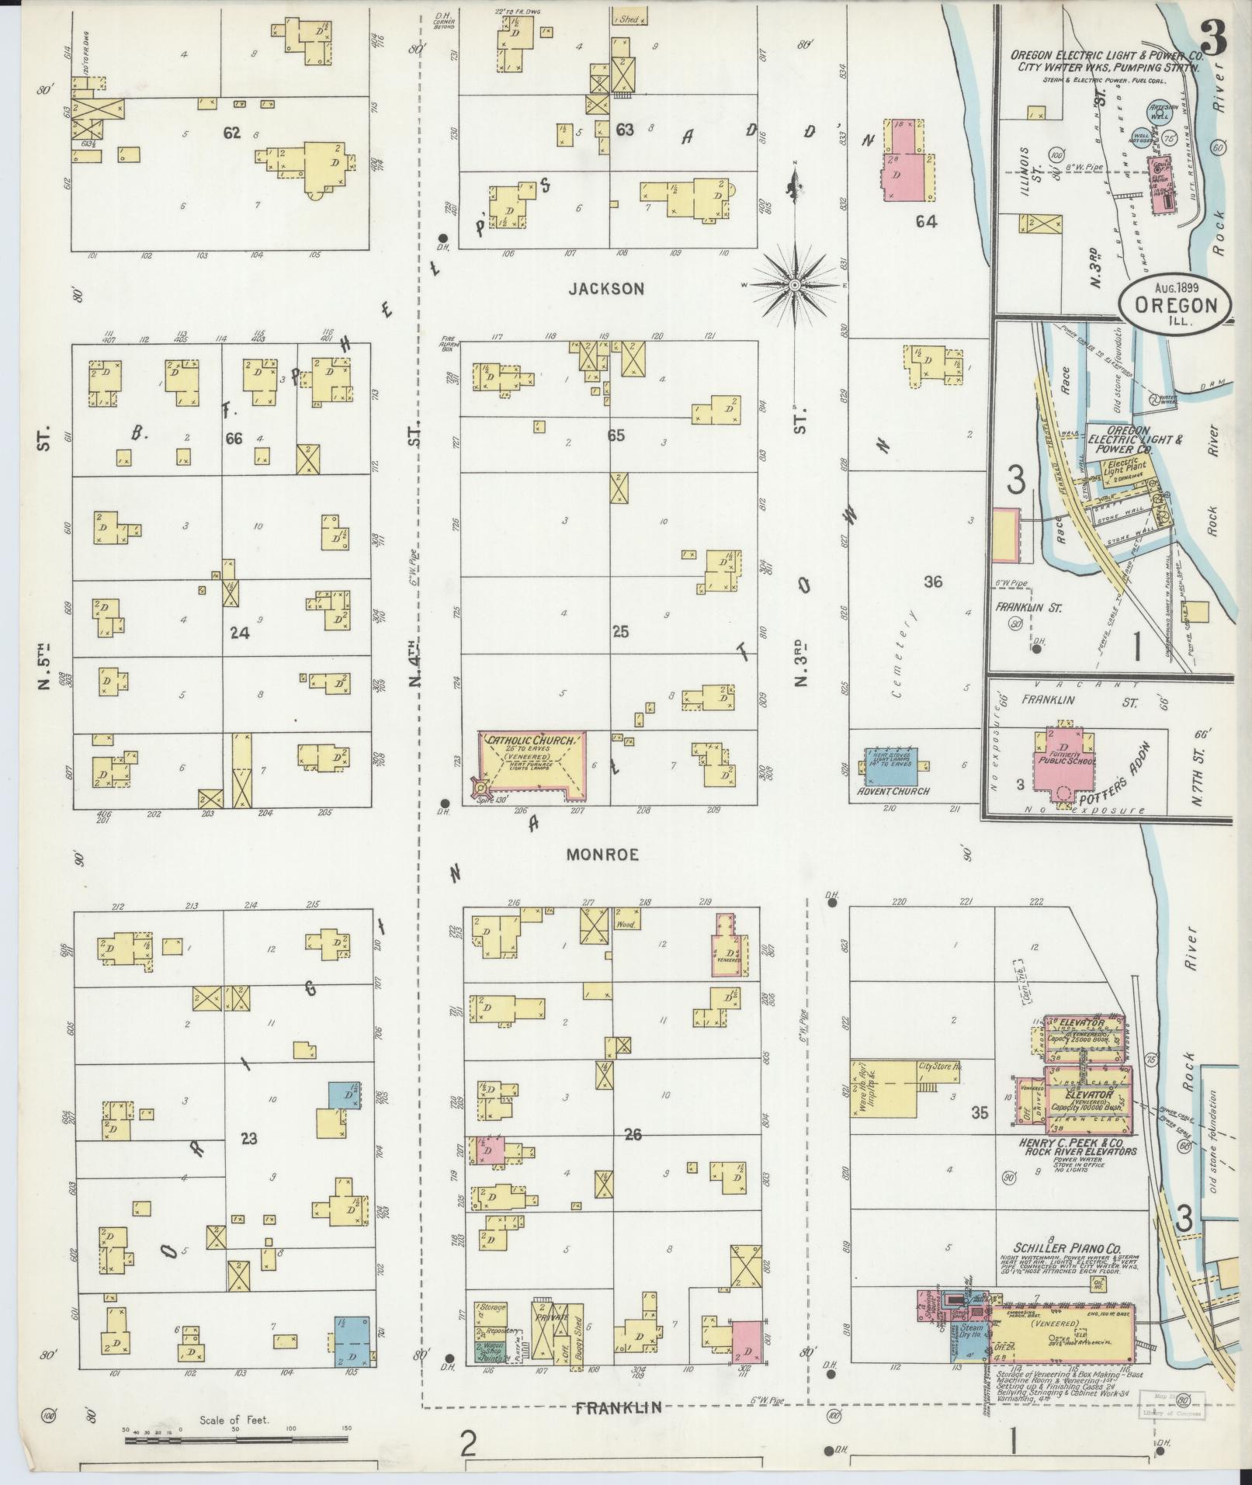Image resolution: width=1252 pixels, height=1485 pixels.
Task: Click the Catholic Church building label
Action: (530, 741)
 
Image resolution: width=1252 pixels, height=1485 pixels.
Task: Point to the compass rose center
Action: (795, 286)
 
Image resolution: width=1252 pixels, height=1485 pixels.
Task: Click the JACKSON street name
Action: (606, 289)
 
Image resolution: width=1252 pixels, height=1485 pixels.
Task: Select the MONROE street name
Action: (602, 855)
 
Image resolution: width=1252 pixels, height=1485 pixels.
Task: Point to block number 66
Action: (234, 439)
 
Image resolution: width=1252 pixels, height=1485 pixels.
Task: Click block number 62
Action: (231, 133)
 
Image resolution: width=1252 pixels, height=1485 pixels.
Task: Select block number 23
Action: (248, 1139)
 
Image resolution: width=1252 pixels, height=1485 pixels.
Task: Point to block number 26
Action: (633, 1135)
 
